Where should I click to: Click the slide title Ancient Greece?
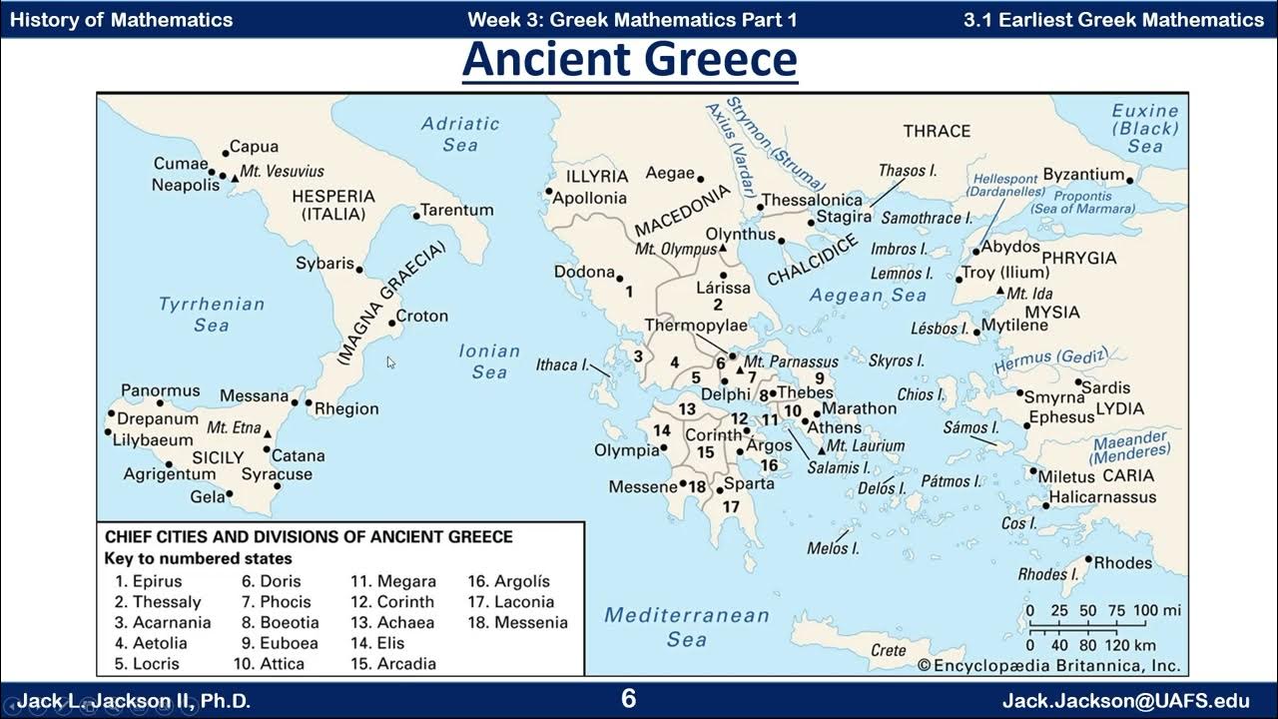pyautogui.click(x=630, y=60)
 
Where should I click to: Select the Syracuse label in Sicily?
pyautogui.click(x=277, y=474)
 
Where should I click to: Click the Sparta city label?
pyautogui.click(x=749, y=484)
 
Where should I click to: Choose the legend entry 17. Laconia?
pyautogui.click(x=510, y=601)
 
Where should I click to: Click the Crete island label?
pyautogui.click(x=889, y=650)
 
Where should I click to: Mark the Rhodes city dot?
pyautogui.click(x=1088, y=559)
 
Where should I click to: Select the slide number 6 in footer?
pyautogui.click(x=628, y=699)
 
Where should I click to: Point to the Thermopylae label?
pyautogui.click(x=696, y=326)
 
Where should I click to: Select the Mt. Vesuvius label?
pyautogui.click(x=283, y=171)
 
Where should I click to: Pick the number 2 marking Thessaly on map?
pyautogui.click(x=717, y=305)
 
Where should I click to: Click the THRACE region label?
pyautogui.click(x=937, y=131)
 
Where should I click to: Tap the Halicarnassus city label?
pyautogui.click(x=1102, y=496)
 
